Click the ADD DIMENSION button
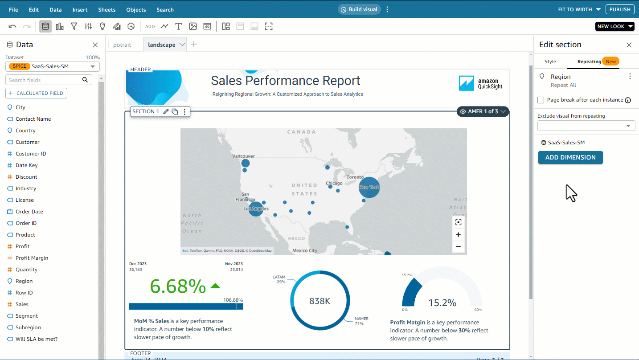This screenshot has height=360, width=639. point(570,157)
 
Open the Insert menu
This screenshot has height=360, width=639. point(80,9)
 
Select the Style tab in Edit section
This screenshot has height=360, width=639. point(550,61)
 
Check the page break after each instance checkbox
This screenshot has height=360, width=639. point(541,100)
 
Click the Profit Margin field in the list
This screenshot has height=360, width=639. point(32,258)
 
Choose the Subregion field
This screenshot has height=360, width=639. point(28,327)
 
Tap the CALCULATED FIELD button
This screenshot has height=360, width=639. point(36,93)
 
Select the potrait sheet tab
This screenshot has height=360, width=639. point(122,45)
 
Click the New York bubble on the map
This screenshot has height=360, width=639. point(369,187)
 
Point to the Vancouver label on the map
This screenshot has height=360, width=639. point(243,156)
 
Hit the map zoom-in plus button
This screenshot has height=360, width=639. point(458,235)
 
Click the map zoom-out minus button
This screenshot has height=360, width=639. point(458,246)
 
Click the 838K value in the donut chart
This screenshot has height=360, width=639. point(319,301)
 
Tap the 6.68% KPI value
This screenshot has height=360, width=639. point(178,286)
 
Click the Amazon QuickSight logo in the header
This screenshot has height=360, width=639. point(480,83)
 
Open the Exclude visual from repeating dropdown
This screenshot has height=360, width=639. point(586,126)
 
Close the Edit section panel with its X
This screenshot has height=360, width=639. point(629,45)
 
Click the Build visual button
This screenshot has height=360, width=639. point(359,9)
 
